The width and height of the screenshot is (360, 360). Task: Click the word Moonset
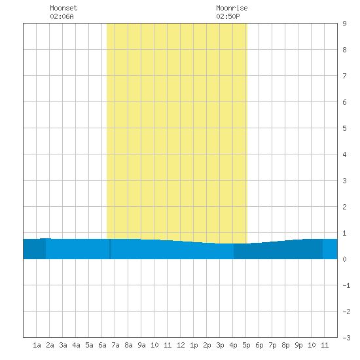63,8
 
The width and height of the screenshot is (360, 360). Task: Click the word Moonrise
232,8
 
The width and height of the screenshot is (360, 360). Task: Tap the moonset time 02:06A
62,16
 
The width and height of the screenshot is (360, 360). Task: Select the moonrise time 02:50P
228,16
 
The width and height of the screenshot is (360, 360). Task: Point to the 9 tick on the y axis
344,24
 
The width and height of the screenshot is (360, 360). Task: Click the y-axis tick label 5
344,128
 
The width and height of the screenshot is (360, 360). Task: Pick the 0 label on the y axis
344,259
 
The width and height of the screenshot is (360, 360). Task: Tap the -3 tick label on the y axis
346,338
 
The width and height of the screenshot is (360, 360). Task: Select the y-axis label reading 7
344,76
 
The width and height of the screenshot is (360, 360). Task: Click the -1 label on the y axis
346,285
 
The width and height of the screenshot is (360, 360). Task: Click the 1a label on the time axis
37,345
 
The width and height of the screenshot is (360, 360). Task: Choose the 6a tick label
102,345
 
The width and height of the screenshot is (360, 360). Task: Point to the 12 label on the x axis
181,345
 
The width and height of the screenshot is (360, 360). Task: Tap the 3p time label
220,345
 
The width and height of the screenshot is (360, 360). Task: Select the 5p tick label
246,345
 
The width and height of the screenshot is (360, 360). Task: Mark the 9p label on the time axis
298,345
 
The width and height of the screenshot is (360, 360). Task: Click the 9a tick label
141,345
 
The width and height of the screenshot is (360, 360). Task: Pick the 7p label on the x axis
272,345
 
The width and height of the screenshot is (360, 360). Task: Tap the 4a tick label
76,345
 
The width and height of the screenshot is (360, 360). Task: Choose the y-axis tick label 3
344,181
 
